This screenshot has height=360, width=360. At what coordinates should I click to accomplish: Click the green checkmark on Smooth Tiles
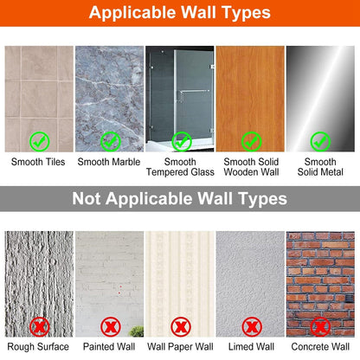pyautogui.click(x=40, y=141)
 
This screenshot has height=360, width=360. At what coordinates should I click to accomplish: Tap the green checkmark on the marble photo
pyautogui.click(x=111, y=141)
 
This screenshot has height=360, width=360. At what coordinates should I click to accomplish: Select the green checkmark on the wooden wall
pyautogui.click(x=251, y=141)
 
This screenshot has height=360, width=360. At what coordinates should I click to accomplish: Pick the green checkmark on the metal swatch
pyautogui.click(x=320, y=141)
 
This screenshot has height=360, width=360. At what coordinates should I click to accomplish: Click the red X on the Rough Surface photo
pyautogui.click(x=40, y=327)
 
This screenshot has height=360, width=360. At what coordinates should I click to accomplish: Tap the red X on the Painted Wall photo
pyautogui.click(x=111, y=327)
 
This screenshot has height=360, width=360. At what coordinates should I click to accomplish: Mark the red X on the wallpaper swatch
pyautogui.click(x=181, y=327)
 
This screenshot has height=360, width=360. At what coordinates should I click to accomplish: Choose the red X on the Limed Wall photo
pyautogui.click(x=252, y=327)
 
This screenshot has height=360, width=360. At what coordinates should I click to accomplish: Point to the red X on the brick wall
pyautogui.click(x=320, y=327)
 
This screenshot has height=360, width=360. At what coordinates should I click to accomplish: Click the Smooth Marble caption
pyautogui.click(x=109, y=162)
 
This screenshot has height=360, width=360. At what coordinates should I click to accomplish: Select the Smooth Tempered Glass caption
pyautogui.click(x=180, y=167)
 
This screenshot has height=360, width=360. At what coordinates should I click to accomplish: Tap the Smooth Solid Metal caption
pyautogui.click(x=320, y=167)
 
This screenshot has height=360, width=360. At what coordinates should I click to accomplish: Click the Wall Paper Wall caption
pyautogui.click(x=180, y=346)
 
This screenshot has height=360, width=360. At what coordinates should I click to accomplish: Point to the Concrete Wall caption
pyautogui.click(x=320, y=346)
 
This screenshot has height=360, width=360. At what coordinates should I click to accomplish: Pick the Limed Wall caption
pyautogui.click(x=251, y=346)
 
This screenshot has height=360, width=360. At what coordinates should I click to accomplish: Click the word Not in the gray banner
pyautogui.click(x=87, y=198)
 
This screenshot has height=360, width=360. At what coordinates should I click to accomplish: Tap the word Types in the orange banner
pyautogui.click(x=246, y=13)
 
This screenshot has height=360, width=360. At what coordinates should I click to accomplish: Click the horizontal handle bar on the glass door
pyautogui.click(x=194, y=91)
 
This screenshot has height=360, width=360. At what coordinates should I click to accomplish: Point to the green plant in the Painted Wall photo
pyautogui.click(x=137, y=331)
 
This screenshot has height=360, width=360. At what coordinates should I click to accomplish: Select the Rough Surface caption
pyautogui.click(x=38, y=346)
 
